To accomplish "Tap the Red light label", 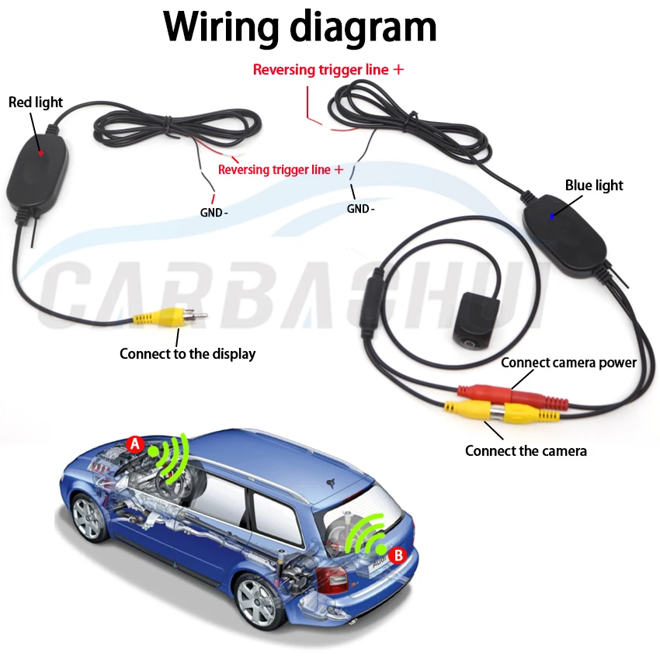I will [x=36, y=102].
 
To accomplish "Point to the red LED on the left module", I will [x=41, y=153].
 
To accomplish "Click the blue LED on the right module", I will [x=552, y=217].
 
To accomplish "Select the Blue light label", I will [x=594, y=186].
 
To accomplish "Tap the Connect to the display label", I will [x=187, y=353].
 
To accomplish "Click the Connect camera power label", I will [x=568, y=363].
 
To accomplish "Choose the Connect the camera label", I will [x=526, y=450].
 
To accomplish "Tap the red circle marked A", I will [x=135, y=445].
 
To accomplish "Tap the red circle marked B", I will [x=398, y=554].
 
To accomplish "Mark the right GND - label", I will [x=360, y=208].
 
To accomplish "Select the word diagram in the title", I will [x=363, y=27].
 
